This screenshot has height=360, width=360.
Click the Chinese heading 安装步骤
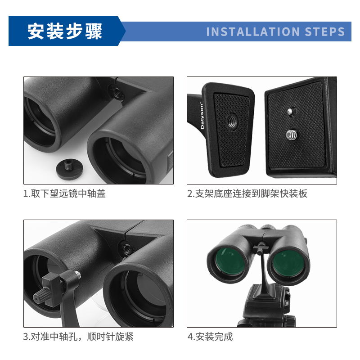(65, 31)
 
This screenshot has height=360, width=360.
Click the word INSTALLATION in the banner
(253, 31)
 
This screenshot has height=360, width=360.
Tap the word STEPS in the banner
(325, 31)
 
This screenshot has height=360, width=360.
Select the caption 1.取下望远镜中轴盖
(64, 193)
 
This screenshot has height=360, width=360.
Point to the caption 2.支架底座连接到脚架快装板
(247, 193)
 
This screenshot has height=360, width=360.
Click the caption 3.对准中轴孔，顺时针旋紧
(78, 337)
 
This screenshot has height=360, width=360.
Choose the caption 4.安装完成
(210, 337)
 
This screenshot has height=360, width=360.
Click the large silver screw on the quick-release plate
(292, 134)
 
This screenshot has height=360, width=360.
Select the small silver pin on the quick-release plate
(290, 112)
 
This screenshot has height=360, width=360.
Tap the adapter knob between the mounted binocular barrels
(261, 248)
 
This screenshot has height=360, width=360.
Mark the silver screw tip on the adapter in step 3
(77, 274)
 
